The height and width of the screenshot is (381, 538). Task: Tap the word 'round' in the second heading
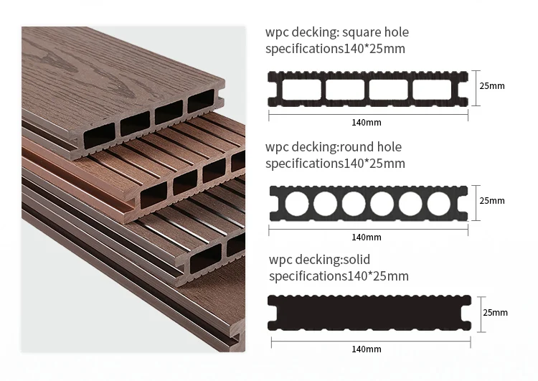click(362, 147)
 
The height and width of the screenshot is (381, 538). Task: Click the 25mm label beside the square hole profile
click(492, 86)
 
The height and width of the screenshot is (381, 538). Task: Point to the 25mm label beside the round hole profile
click(492, 201)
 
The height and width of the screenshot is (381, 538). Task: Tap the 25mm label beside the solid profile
click(495, 313)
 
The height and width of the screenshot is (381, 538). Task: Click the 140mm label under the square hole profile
click(367, 123)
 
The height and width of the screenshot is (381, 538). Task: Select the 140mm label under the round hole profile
click(367, 237)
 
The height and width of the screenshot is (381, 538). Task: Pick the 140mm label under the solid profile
click(367, 349)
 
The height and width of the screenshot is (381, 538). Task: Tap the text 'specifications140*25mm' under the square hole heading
click(335, 50)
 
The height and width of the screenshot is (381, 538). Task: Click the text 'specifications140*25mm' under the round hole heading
click(335, 164)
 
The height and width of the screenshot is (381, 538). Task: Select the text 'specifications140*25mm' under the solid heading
click(339, 276)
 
